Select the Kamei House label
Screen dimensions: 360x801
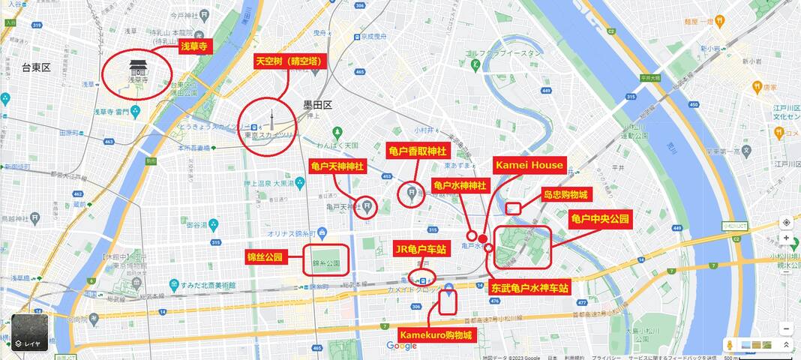click(528, 165)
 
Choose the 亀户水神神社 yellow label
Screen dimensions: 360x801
click(460, 184)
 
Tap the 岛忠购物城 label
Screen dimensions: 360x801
click(566, 194)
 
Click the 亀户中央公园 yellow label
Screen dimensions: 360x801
click(600, 219)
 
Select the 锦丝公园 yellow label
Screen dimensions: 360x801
click(265, 257)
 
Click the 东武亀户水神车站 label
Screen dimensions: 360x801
click(529, 286)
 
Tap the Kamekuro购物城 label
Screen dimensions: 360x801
click(436, 334)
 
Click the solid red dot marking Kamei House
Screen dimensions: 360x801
click(483, 238)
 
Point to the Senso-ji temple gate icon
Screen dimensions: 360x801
click(136, 66)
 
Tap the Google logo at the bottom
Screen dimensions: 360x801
click(401, 346)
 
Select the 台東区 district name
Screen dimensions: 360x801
click(35, 67)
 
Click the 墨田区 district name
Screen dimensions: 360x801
click(317, 105)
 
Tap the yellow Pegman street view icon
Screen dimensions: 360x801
click(728, 344)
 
